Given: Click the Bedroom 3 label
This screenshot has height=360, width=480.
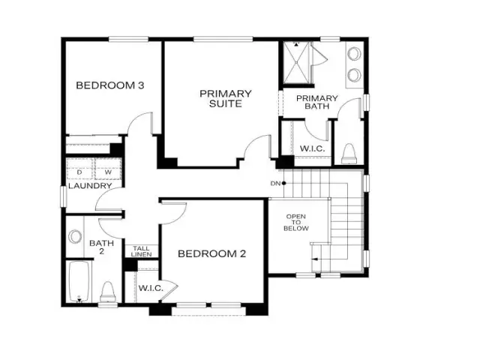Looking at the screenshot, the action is tap(110, 85).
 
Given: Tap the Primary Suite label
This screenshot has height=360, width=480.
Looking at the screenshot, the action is tap(226, 98).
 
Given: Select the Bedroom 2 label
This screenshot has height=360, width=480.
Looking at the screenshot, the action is tap(211, 253).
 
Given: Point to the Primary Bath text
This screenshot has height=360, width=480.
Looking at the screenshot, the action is tap(316, 102).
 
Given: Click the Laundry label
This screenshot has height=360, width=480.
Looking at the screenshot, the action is tap(90, 186).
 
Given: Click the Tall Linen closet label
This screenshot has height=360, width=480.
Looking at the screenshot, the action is tap(142, 251).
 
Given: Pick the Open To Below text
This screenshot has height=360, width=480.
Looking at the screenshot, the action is tap(296, 222).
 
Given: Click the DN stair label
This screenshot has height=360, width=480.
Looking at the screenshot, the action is tap(275, 183).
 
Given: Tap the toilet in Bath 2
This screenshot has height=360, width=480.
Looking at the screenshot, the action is tap(108, 292).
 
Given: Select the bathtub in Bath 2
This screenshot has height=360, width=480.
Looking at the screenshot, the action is tap(79, 282).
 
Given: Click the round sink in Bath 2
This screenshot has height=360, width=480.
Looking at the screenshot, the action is tap(75, 237).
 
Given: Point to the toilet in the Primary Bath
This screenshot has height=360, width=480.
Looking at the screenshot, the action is tap(349, 154).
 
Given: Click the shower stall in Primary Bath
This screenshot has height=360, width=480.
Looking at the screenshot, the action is tap(297, 63).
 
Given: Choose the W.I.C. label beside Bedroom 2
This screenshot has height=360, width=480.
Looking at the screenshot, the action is tap(151, 288).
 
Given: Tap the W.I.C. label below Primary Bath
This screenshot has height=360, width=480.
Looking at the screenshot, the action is tap(312, 148).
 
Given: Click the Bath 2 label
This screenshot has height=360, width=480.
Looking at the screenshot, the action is tap(102, 247).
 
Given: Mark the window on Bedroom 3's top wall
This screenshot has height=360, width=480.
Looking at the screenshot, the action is tap(128, 39).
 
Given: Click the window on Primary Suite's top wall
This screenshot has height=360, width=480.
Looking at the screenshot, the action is tap(223, 39).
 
